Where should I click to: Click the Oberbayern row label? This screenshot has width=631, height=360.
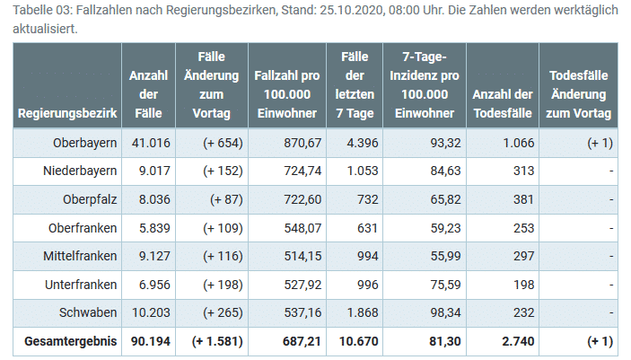pyautogui.click(x=85, y=143)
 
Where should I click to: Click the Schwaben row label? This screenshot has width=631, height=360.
pyautogui.click(x=92, y=312)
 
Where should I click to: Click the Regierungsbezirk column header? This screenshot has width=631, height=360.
pyautogui.click(x=67, y=114)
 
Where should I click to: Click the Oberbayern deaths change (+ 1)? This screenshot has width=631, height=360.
pyautogui.click(x=600, y=143)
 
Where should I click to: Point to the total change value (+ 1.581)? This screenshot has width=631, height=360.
pyautogui.click(x=215, y=341)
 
